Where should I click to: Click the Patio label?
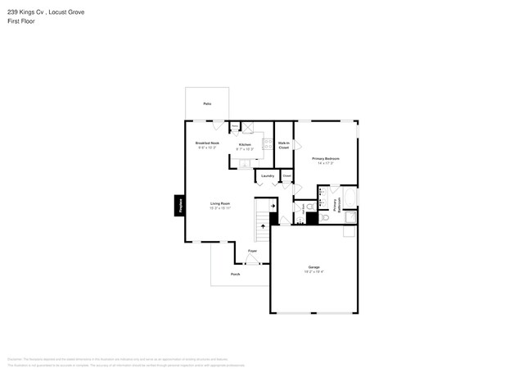[207, 104]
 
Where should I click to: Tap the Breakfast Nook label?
[207, 143]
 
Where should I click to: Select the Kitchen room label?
[245, 143]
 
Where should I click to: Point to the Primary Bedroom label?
[325, 158]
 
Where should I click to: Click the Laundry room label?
[267, 175]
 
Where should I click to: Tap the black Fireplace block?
[179, 205]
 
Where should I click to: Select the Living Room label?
[220, 203]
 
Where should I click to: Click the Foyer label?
[253, 250]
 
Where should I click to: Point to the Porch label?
[235, 274]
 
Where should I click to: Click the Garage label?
[314, 267]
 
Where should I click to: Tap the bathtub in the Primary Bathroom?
[349, 198]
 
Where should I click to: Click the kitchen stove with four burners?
[267, 144]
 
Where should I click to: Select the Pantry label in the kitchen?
[234, 125]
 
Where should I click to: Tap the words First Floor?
[20, 21]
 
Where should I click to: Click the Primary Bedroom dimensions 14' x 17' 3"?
[326, 163]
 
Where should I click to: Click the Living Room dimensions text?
[220, 208]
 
